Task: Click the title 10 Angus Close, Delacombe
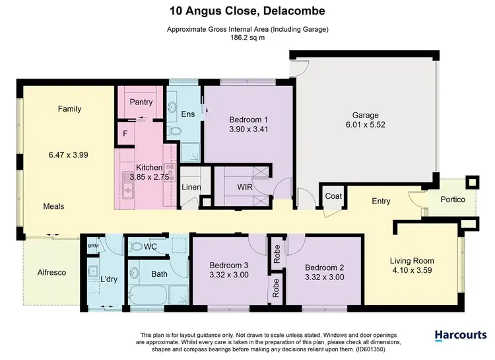(247, 11)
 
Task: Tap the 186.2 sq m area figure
(247, 38)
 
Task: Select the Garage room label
(364, 114)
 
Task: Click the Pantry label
(141, 102)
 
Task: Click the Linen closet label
(191, 188)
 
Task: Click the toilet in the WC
(137, 247)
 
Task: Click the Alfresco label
(51, 272)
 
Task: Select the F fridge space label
(125, 133)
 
